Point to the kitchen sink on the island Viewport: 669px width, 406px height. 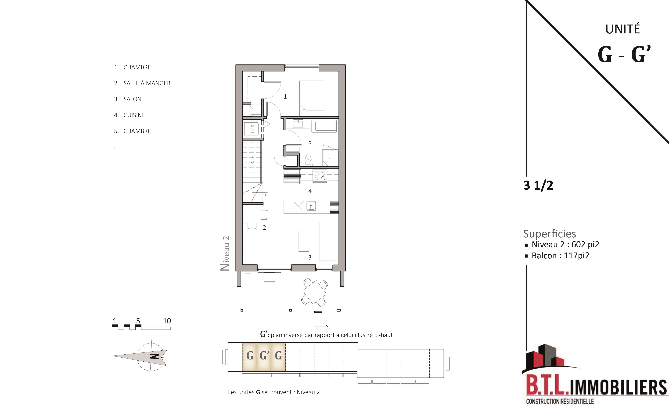pyautogui.click(x=311, y=206)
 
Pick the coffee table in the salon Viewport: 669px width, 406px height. pyautogui.click(x=304, y=241)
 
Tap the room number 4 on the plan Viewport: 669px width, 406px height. pyautogui.click(x=310, y=191)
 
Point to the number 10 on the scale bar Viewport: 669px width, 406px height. pyautogui.click(x=167, y=321)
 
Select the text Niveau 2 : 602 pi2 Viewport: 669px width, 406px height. pyautogui.click(x=565, y=245)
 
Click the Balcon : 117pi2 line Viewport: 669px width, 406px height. pyautogui.click(x=560, y=256)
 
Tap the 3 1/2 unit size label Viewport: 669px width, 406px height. pyautogui.click(x=538, y=185)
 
